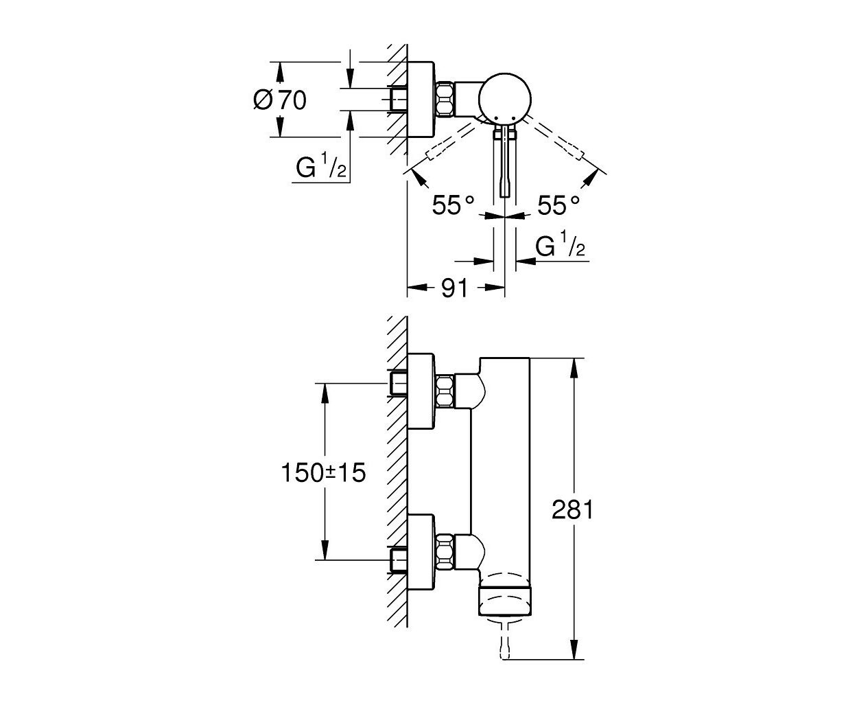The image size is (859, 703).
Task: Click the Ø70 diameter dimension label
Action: [x=279, y=100]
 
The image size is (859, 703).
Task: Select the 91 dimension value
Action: [x=455, y=288]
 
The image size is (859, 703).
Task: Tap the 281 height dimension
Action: [x=573, y=510]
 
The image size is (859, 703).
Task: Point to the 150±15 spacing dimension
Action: [x=323, y=473]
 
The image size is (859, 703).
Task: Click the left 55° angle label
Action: [x=453, y=205]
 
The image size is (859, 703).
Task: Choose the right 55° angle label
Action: [x=558, y=205]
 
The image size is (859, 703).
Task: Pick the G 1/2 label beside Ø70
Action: [x=321, y=165]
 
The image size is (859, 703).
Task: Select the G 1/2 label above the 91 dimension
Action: [x=561, y=244]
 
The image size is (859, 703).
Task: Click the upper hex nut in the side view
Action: [x=445, y=391]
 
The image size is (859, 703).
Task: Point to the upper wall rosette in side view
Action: [x=421, y=391]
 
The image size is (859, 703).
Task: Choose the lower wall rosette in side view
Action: [x=421, y=552]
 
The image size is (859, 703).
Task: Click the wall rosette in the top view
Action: [x=421, y=100]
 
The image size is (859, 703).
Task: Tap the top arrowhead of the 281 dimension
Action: [x=574, y=369]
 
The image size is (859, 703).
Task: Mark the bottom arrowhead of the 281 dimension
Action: [x=574, y=648]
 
